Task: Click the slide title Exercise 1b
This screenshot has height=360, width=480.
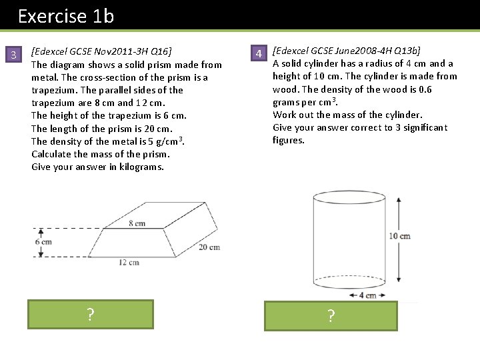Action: click(x=66, y=16)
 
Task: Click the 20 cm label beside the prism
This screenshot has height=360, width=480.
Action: click(x=209, y=247)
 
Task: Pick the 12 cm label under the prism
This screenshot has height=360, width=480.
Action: click(x=129, y=262)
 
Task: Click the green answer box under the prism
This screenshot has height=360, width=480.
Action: click(x=90, y=314)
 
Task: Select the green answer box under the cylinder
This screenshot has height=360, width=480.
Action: click(x=331, y=316)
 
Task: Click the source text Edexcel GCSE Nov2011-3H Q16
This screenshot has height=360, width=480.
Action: click(x=101, y=52)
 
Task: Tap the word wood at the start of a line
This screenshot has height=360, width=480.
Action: click(x=285, y=89)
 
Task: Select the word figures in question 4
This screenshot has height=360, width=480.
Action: click(x=288, y=141)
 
